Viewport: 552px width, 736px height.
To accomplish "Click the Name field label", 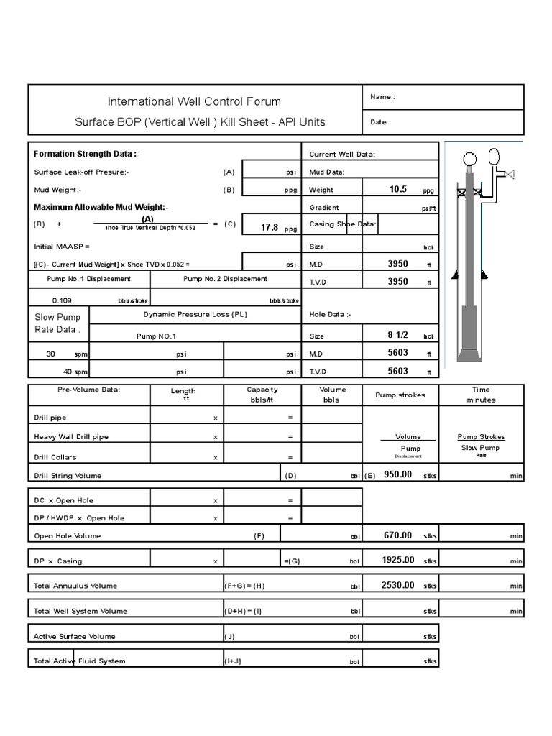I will click(382, 97).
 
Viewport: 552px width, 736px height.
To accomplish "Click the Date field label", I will click(381, 122).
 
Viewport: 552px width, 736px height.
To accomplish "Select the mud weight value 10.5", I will click(398, 189).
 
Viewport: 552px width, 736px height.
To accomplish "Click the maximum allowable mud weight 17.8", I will click(270, 227).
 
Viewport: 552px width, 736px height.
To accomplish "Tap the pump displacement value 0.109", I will click(62, 300).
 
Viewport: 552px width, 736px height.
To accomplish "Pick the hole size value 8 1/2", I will click(398, 335).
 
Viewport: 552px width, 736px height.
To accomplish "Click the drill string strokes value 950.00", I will click(397, 474).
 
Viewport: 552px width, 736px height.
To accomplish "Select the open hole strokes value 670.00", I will click(397, 535).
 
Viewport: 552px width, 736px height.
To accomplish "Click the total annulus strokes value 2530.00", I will click(397, 585).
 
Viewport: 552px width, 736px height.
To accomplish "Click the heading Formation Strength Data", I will click(87, 154).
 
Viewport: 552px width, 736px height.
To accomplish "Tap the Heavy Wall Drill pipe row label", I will click(71, 436).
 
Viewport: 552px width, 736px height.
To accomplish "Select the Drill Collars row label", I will click(55, 457).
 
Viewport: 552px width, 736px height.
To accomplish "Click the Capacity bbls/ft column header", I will click(262, 395).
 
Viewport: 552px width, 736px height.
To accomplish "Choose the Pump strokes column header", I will click(400, 395).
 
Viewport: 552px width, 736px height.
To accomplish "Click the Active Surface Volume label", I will click(74, 636).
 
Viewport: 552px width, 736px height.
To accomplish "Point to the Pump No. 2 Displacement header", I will click(225, 279).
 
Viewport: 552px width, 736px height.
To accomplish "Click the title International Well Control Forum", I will click(194, 101).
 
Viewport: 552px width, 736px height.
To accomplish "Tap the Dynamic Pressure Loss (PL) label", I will click(195, 314).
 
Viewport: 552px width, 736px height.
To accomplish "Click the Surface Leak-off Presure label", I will click(81, 172).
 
